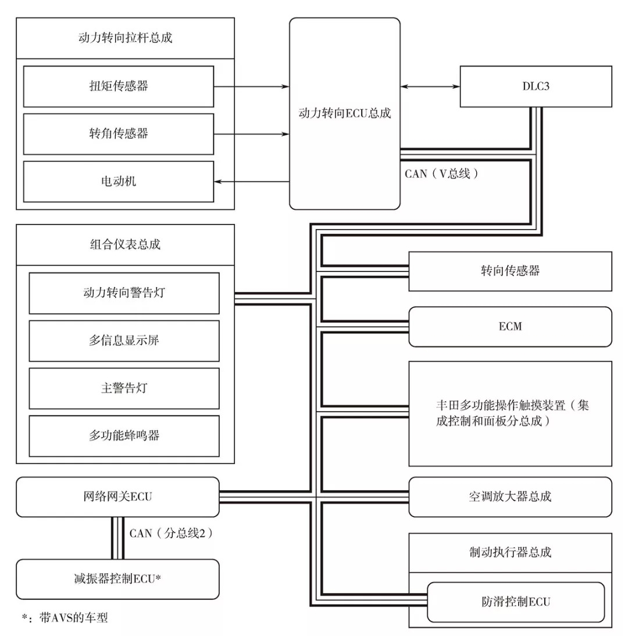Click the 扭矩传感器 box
click(x=119, y=86)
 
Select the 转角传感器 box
click(x=119, y=134)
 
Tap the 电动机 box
click(x=119, y=181)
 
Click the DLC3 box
click(x=536, y=86)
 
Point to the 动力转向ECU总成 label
click(x=344, y=113)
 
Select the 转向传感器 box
click(x=510, y=271)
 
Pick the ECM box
click(x=510, y=326)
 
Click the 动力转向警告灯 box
click(x=124, y=292)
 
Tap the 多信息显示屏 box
click(x=124, y=340)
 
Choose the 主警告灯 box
click(x=124, y=388)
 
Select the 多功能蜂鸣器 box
click(x=124, y=435)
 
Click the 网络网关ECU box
click(x=117, y=496)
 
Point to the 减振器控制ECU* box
click(x=117, y=579)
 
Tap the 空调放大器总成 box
click(x=510, y=496)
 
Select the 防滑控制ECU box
click(x=516, y=602)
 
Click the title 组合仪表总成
click(x=125, y=244)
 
